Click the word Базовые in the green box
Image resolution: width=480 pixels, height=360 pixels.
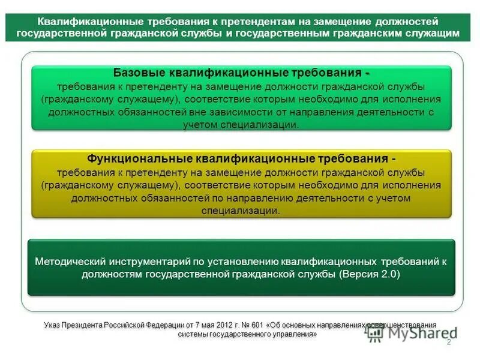click(x=133, y=73)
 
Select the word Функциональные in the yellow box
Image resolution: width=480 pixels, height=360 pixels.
click(x=139, y=160)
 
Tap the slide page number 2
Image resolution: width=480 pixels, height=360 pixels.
click(x=448, y=341)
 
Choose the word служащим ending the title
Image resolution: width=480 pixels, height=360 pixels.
click(x=433, y=34)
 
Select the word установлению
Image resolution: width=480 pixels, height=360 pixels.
click(x=242, y=262)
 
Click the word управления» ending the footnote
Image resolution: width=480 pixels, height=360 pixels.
click(x=295, y=334)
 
